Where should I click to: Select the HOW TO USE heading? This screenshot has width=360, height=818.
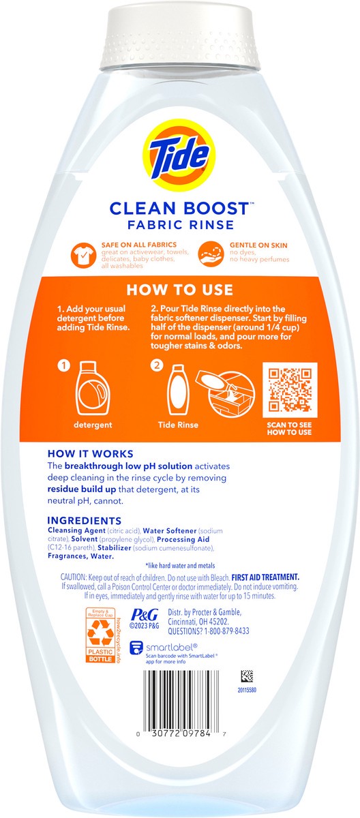[180, 290]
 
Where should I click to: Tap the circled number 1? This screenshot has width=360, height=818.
[65, 365]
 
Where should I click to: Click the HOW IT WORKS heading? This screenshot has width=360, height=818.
[90, 453]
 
